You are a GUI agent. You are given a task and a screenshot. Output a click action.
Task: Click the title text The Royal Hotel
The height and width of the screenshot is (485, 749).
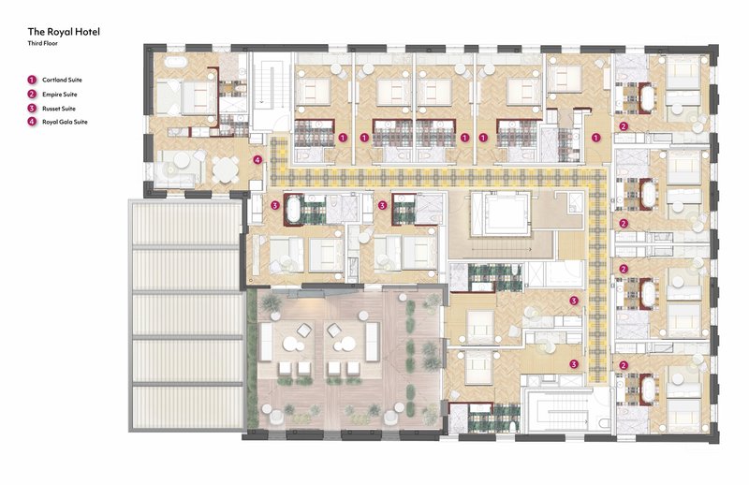(x=64, y=32)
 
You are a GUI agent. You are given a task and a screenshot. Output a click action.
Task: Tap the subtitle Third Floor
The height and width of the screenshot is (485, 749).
(x=43, y=43)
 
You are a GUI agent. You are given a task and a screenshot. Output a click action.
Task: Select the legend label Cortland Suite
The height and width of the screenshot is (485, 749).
(x=62, y=80)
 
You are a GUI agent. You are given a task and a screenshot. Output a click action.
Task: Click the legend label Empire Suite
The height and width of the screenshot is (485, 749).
(x=60, y=95)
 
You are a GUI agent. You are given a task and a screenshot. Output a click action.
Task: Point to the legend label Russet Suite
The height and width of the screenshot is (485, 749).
(x=59, y=109)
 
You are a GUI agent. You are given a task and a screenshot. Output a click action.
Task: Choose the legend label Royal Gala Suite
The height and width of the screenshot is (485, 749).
(x=65, y=122)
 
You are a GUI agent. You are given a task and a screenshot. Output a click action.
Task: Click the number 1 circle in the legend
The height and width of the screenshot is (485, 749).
(x=32, y=80)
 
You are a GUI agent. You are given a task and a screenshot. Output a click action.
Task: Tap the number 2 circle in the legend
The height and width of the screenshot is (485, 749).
(x=32, y=94)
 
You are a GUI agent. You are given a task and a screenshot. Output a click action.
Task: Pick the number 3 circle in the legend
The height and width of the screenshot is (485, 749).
(x=32, y=108)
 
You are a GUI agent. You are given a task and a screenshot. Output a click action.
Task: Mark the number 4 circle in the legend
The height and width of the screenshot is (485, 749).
(x=32, y=122)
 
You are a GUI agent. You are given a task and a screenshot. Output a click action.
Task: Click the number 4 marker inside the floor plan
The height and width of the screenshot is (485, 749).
(x=258, y=159)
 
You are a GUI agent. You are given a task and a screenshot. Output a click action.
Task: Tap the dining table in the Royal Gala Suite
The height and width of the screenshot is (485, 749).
(x=225, y=169)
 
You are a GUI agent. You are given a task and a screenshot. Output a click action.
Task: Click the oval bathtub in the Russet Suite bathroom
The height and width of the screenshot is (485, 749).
(x=292, y=209)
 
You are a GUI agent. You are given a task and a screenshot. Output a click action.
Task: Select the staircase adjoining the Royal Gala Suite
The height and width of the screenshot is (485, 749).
(x=271, y=91)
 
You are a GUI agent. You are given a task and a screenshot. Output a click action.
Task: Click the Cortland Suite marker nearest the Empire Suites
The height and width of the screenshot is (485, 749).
(x=595, y=138)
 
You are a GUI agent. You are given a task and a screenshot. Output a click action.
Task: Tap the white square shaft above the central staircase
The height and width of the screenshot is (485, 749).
(x=501, y=213)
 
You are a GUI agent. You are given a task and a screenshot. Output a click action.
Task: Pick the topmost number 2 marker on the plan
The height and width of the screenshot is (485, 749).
(x=624, y=126)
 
